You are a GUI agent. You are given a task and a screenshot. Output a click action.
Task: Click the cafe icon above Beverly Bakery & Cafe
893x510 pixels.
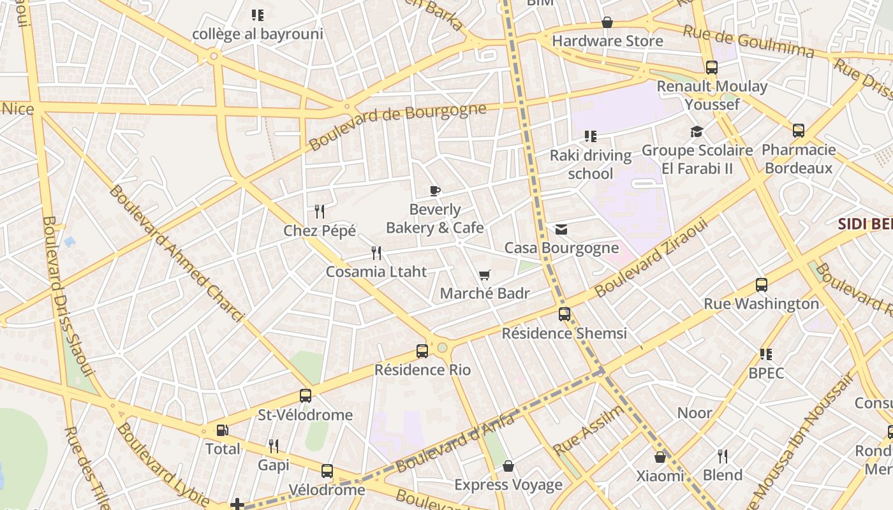[435, 191]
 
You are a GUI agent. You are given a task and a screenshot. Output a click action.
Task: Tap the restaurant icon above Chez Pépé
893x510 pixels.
[320, 211]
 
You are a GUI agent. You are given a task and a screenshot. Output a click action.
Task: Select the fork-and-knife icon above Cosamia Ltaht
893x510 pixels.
[376, 253]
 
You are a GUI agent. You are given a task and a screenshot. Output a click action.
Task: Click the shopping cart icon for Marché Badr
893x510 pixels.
[485, 275]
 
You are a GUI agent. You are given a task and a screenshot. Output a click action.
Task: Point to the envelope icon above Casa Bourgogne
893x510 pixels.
[561, 229]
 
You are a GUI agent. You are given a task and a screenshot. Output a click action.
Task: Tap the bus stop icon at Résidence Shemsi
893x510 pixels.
[565, 314]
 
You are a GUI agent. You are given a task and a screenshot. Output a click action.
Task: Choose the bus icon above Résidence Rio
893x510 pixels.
[422, 351]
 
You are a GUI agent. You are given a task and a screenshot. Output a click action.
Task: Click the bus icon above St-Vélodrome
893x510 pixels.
[306, 396]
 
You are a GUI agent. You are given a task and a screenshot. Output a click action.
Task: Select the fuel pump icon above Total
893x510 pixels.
[222, 430]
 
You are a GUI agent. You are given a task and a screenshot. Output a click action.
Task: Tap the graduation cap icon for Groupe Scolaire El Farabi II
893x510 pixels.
[697, 132]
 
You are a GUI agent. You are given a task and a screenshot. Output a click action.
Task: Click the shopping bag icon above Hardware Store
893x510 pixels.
[607, 23]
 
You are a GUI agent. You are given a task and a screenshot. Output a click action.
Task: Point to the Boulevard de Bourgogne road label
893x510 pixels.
[397, 126]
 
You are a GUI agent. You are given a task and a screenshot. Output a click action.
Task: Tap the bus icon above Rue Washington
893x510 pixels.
[761, 285]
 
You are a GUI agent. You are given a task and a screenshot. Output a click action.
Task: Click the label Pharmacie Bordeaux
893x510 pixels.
[799, 159]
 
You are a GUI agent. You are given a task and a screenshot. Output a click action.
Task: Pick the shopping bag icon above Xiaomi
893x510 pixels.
[660, 457]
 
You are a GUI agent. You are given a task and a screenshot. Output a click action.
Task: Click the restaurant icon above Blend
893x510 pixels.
[723, 456]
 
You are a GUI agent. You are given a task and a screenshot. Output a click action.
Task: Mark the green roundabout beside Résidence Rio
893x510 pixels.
[442, 347]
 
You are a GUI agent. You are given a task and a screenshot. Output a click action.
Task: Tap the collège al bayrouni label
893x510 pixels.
[258, 34]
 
